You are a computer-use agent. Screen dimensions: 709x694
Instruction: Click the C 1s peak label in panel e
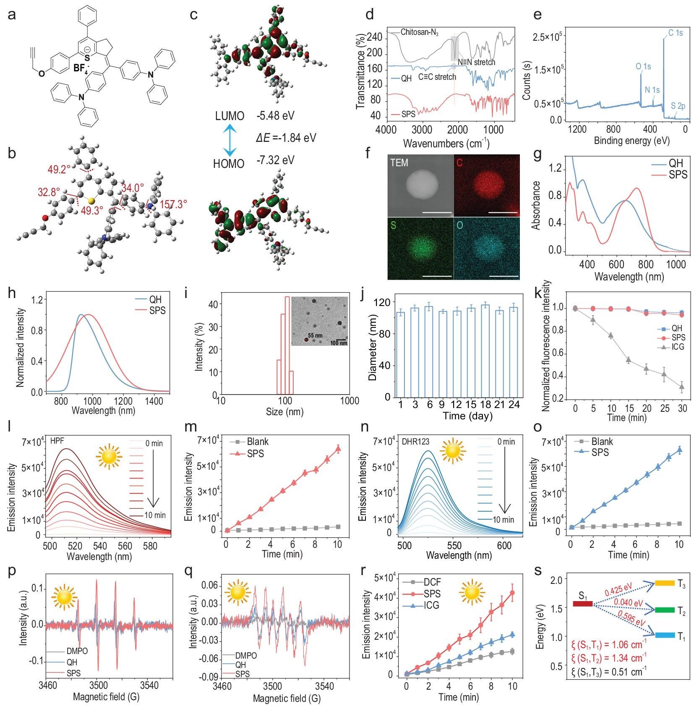pos(675,32)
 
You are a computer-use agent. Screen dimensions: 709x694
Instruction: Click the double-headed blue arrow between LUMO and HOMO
pos(229,140)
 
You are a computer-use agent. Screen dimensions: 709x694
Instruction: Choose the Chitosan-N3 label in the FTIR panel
pos(419,32)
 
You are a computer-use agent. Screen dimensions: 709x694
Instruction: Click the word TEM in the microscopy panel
pos(399,162)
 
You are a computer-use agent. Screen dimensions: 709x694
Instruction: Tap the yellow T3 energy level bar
pos(664,583)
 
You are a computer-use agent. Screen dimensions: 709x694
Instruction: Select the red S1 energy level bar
pos(582,604)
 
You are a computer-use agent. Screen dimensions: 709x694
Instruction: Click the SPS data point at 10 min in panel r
pos(512,593)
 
